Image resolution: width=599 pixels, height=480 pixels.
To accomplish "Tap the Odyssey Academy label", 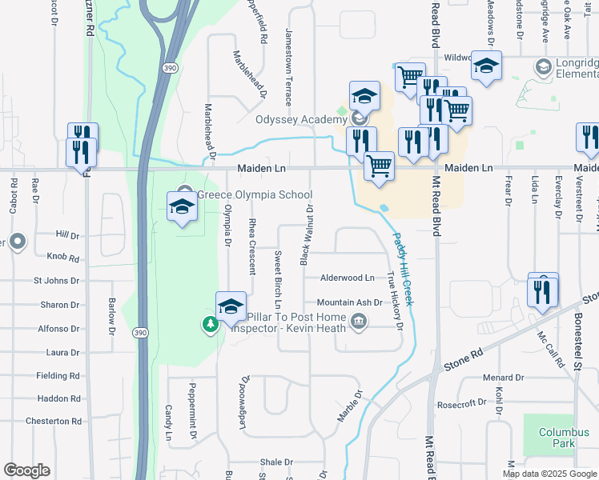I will click(301, 120).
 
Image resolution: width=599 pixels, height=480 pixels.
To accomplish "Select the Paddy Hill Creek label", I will click(404, 267).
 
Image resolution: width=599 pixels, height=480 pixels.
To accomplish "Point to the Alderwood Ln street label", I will click(348, 278).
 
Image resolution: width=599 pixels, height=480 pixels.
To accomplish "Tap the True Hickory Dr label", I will click(393, 300).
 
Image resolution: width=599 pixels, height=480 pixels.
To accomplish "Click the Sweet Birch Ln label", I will click(278, 279).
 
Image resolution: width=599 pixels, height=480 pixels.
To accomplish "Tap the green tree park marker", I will click(210, 324).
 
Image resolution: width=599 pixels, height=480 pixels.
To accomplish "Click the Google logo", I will click(26, 470).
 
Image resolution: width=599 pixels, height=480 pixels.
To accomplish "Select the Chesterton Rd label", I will click(54, 421).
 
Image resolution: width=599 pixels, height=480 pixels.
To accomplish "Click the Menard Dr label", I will click(502, 377).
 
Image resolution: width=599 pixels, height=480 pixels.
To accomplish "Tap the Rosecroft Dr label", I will click(458, 404).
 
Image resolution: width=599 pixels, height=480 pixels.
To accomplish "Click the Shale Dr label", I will click(276, 462).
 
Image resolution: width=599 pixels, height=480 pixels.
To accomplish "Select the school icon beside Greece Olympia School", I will click(183, 206).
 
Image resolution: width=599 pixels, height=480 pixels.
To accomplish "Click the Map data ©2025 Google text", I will click(549, 474).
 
